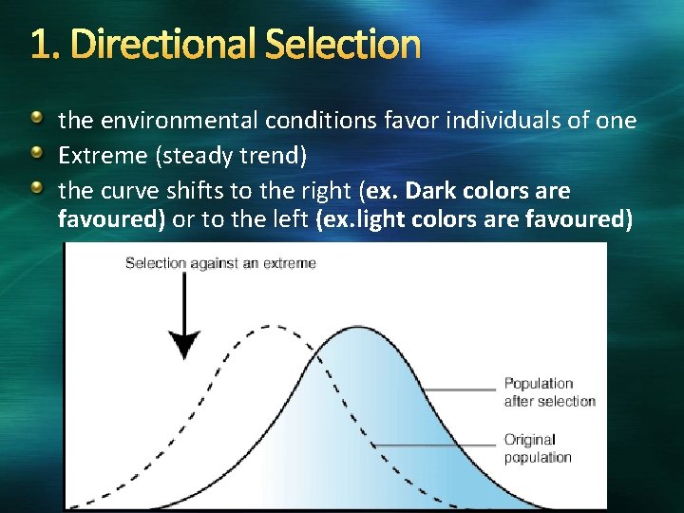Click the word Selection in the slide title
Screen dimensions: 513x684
click(342, 44)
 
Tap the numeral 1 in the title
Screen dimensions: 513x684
click(39, 44)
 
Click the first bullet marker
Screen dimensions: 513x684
click(37, 120)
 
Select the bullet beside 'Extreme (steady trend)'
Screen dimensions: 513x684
click(37, 155)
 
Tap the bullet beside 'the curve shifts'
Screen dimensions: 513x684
click(37, 190)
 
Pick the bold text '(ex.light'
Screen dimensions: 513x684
click(360, 220)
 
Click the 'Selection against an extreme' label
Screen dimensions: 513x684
click(220, 262)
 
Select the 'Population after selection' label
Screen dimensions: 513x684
click(549, 391)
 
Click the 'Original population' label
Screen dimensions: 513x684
click(538, 448)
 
